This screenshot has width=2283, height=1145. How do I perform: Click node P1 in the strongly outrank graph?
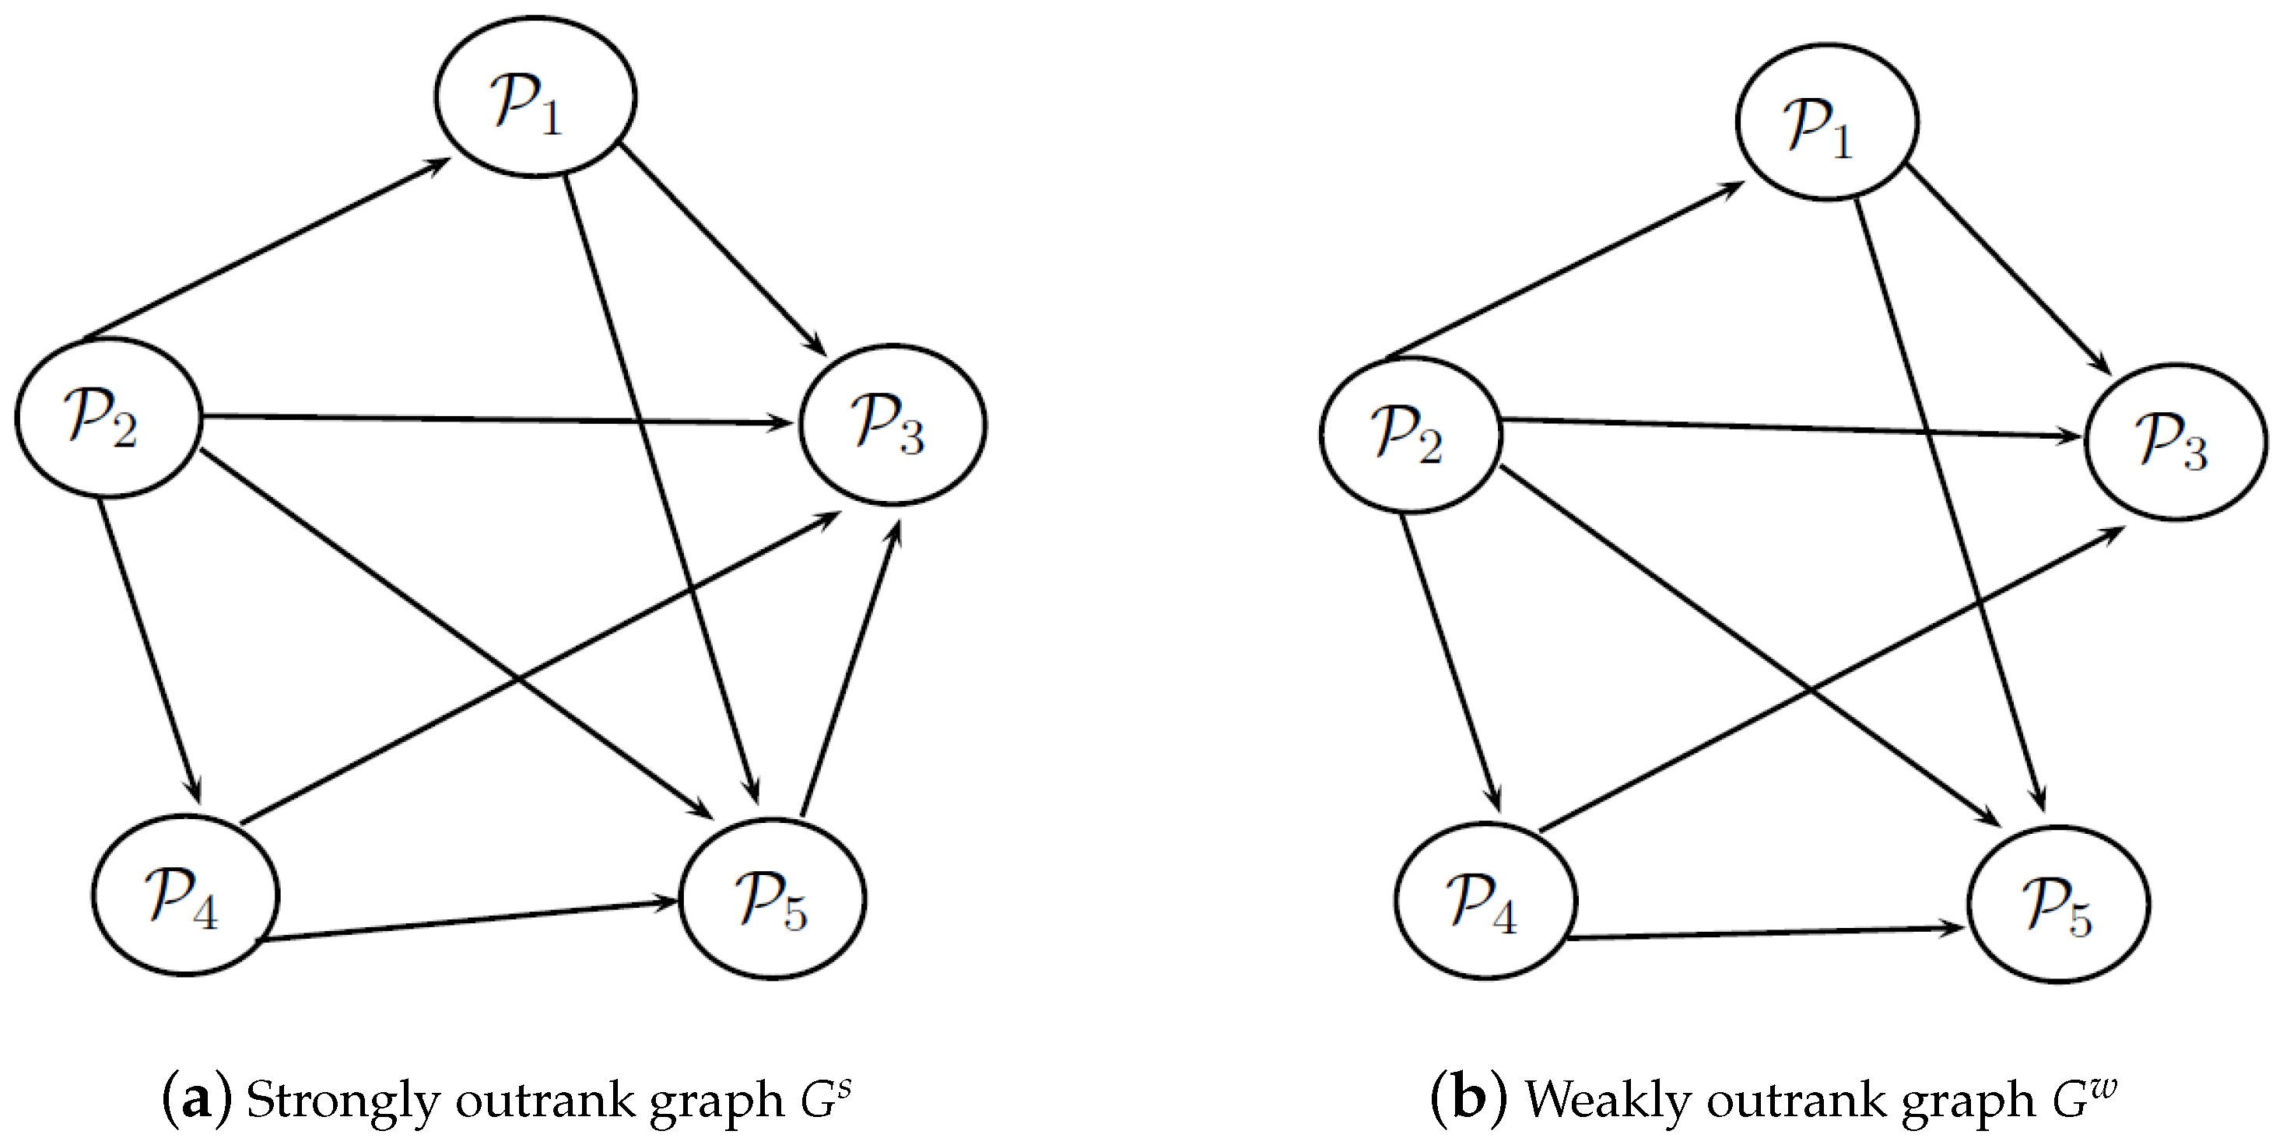pos(535,97)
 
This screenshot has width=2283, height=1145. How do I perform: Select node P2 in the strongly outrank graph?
pos(108,418)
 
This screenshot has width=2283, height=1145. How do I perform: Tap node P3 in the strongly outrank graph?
pos(893,425)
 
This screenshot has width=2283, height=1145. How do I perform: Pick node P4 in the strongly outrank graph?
pos(185,895)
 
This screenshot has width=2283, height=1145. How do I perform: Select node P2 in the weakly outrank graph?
pos(1410,434)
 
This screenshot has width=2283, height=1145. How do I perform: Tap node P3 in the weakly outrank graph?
pos(2176,441)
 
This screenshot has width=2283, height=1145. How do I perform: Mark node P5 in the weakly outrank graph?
pos(2058,904)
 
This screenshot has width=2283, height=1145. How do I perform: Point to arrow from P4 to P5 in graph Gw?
pos(1764,933)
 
